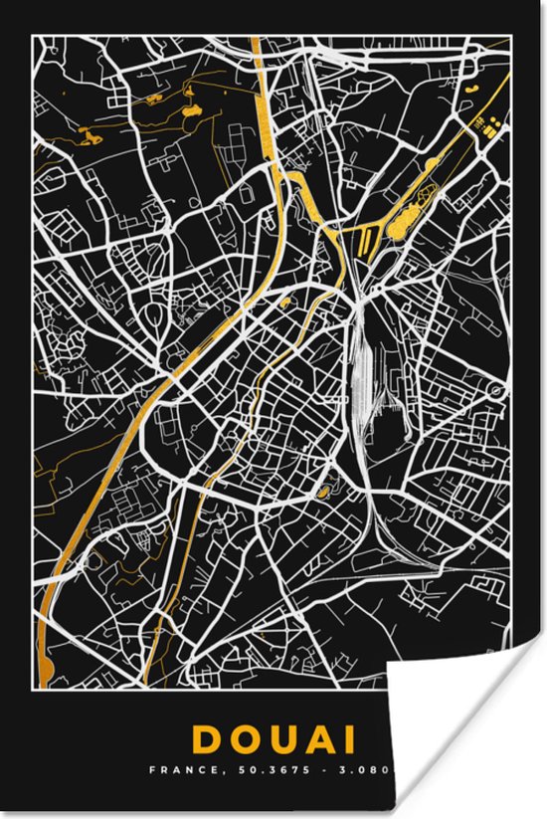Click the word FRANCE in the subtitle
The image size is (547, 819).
175,770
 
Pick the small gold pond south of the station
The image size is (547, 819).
324,490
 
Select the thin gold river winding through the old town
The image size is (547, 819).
219,438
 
